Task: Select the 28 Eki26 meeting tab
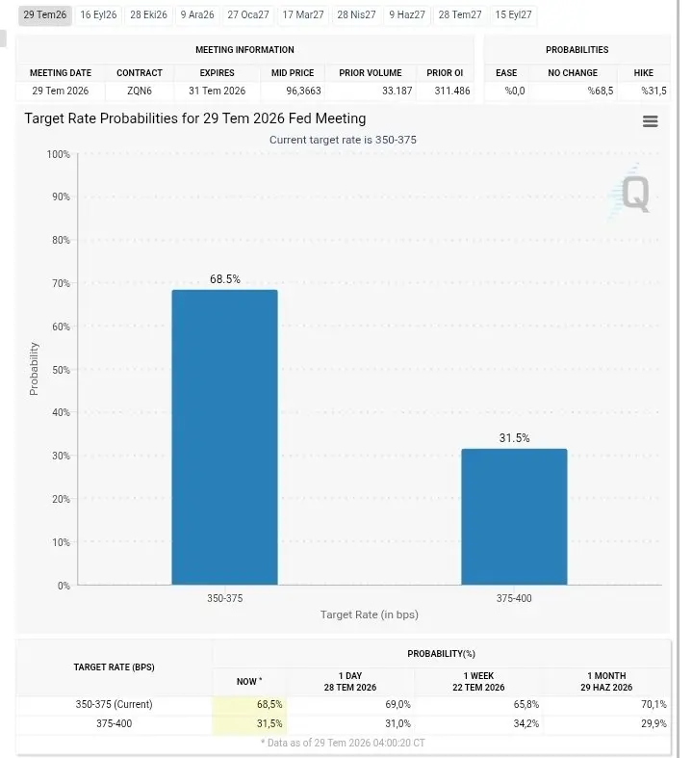[x=149, y=15]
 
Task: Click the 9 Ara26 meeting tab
[x=197, y=15]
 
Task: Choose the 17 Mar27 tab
[x=303, y=15]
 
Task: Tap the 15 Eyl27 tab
[x=513, y=15]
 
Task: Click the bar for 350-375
[x=224, y=437]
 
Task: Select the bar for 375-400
[x=514, y=517]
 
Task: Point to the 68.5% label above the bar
[x=225, y=279]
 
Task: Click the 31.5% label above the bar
[x=514, y=438]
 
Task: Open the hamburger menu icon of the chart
[x=651, y=121]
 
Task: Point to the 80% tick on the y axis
[x=61, y=240]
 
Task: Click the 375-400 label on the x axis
[x=514, y=598]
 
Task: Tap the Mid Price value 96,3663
[x=303, y=91]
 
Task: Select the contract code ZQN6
[x=140, y=91]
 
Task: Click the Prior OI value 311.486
[x=452, y=91]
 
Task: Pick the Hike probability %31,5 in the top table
[x=654, y=91]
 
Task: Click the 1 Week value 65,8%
[x=525, y=704]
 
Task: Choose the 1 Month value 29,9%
[x=654, y=723]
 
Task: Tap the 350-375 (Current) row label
[x=114, y=704]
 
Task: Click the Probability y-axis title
[x=34, y=369]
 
